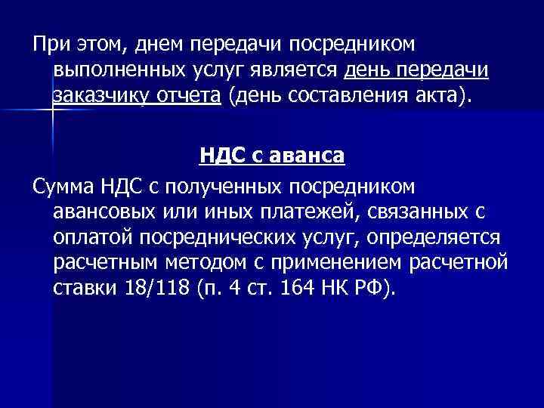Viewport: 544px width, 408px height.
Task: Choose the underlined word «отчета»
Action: click(196, 96)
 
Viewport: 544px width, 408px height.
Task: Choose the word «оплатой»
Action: click(91, 236)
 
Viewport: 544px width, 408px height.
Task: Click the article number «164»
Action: click(300, 289)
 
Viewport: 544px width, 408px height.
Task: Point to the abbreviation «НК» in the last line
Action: click(337, 289)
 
